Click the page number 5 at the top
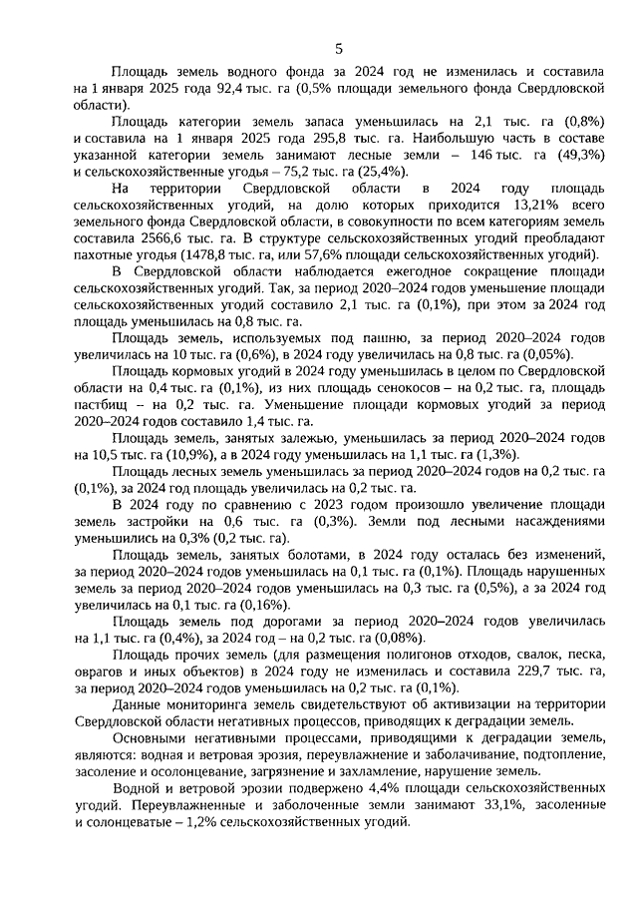point(338,48)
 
